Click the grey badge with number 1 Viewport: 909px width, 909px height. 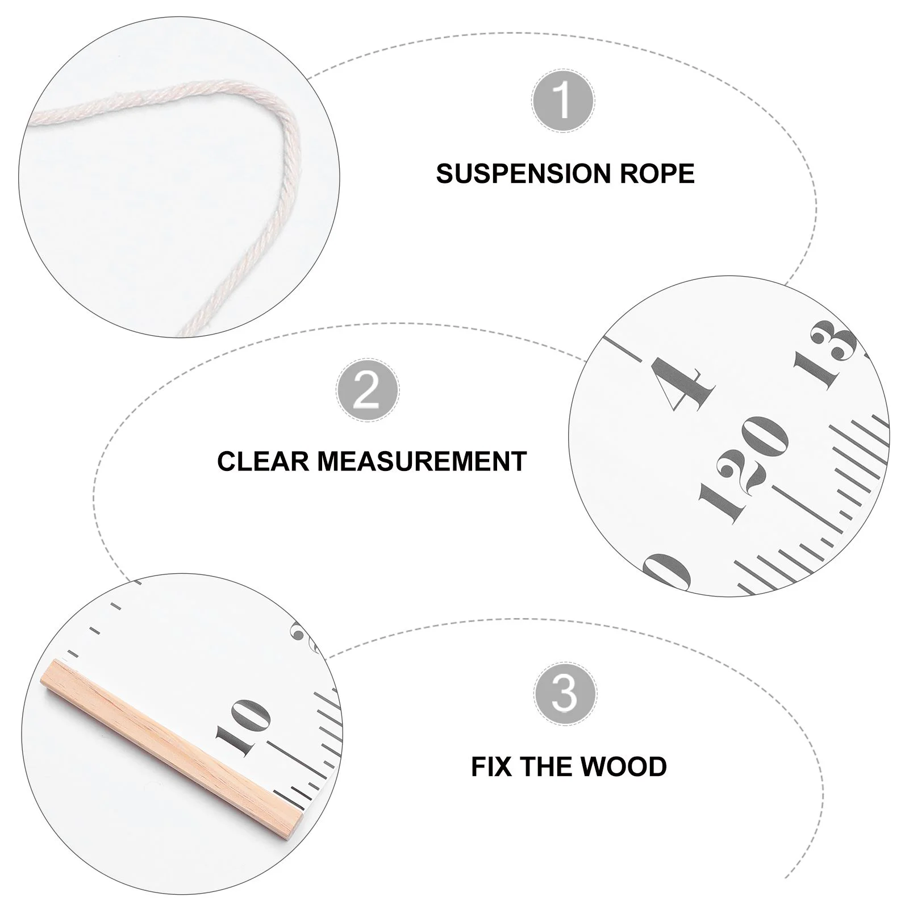pyautogui.click(x=563, y=101)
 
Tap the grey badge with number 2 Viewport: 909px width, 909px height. pyautogui.click(x=367, y=390)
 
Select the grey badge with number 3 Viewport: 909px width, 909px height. pyautogui.click(x=565, y=693)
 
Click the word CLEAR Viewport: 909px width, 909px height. pyautogui.click(x=262, y=461)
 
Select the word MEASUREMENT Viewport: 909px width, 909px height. pyautogui.click(x=422, y=461)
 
